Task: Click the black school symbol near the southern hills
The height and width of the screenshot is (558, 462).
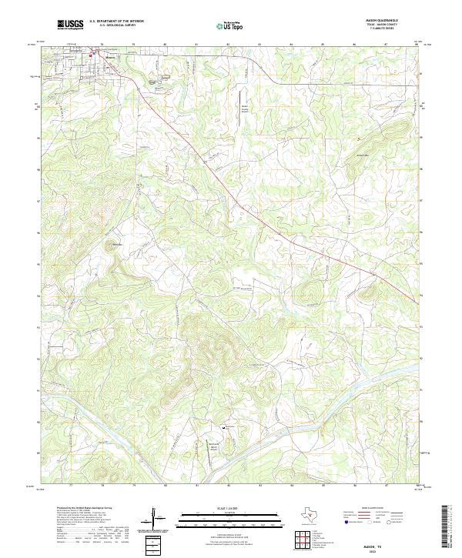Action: [224, 427]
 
